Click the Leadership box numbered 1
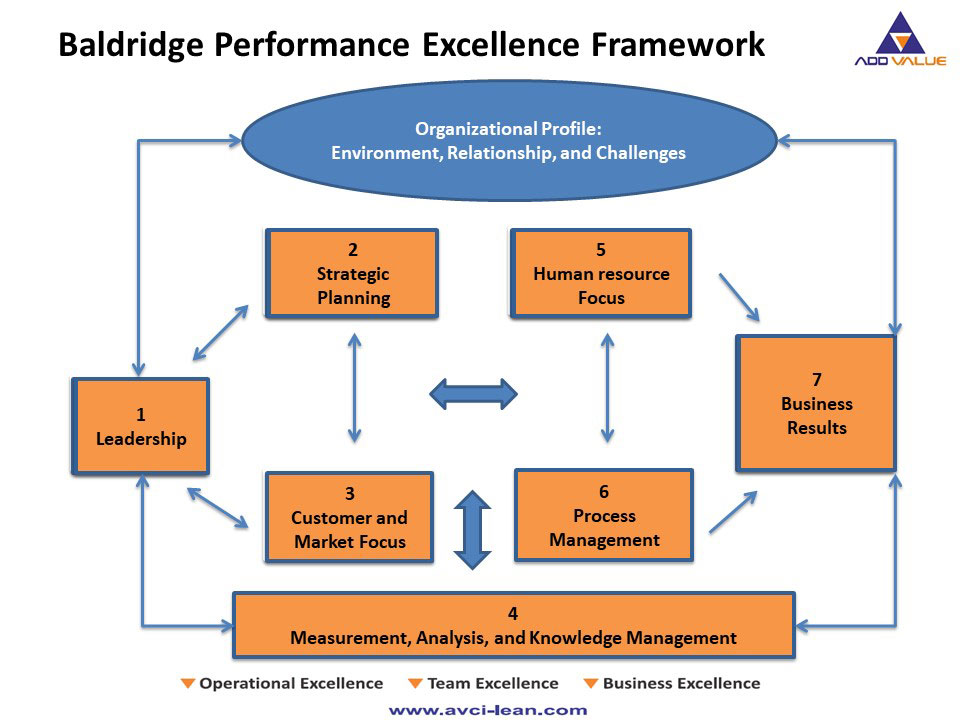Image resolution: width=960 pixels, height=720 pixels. tap(141, 426)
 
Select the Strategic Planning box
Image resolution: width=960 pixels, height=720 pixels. tap(352, 273)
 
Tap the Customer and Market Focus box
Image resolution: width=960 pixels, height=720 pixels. tap(349, 517)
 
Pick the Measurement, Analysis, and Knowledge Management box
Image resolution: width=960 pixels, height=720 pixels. tap(513, 625)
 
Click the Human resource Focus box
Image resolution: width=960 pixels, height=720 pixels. tap(601, 273)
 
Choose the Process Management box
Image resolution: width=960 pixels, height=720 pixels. tap(604, 515)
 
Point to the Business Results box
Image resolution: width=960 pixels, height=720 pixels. tap(816, 403)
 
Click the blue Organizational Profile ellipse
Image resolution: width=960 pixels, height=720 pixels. tap(509, 141)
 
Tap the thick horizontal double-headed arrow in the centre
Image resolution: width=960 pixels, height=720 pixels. tap(473, 393)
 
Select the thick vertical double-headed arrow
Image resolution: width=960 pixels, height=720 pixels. tap(473, 530)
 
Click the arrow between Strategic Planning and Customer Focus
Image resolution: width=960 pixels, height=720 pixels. tap(354, 387)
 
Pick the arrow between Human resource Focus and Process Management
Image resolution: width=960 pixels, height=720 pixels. tap(606, 387)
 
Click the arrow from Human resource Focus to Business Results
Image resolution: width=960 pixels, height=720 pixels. tap(739, 298)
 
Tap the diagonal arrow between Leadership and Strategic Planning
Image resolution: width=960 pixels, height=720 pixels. tap(220, 332)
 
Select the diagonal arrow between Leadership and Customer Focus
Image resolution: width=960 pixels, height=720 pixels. tap(218, 507)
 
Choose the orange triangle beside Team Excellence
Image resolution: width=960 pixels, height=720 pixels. tap(415, 684)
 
